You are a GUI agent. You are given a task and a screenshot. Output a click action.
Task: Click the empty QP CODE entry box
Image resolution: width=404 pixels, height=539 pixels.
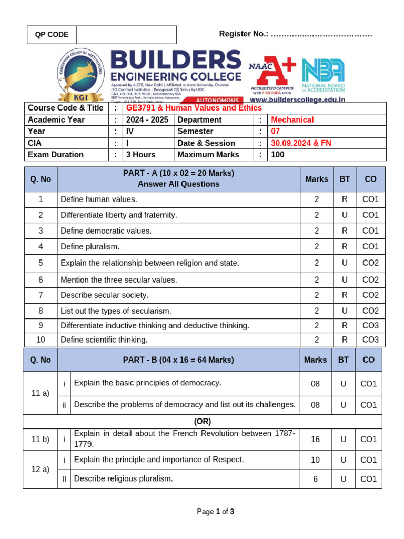[126, 35]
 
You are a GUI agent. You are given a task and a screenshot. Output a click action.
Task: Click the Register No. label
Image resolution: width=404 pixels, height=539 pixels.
[244, 34]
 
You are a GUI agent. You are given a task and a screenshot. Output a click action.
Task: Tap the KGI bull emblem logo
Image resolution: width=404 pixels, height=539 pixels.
[80, 74]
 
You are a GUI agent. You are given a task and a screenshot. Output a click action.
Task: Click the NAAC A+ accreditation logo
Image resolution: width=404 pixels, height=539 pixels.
[272, 74]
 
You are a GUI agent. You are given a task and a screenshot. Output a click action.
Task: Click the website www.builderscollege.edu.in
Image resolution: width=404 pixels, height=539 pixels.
[297, 99]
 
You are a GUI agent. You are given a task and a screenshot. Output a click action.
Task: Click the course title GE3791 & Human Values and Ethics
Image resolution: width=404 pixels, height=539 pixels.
[194, 108]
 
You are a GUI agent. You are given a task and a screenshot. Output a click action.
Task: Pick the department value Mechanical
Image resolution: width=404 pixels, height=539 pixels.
[292, 120]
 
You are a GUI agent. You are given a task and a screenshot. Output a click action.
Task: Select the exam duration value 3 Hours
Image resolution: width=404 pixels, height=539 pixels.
[140, 155]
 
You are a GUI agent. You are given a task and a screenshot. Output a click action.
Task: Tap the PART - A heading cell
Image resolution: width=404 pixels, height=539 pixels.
[178, 179]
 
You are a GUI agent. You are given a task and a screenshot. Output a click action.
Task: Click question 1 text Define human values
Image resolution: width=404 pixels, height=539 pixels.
[99, 199]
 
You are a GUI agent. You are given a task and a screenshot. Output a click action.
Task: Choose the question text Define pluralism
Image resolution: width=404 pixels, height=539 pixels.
[90, 247]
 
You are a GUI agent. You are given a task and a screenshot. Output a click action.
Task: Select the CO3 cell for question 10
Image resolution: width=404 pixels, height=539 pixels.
[370, 340]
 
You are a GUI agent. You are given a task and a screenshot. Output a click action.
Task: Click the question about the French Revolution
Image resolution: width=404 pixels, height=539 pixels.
[185, 438]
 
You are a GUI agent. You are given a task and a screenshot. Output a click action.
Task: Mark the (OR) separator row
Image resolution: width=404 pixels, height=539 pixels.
[203, 422]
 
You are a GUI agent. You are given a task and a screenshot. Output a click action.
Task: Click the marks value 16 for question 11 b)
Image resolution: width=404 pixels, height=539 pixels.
[315, 440]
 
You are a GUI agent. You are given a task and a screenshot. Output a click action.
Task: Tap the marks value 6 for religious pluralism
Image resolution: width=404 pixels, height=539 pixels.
[315, 479]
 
